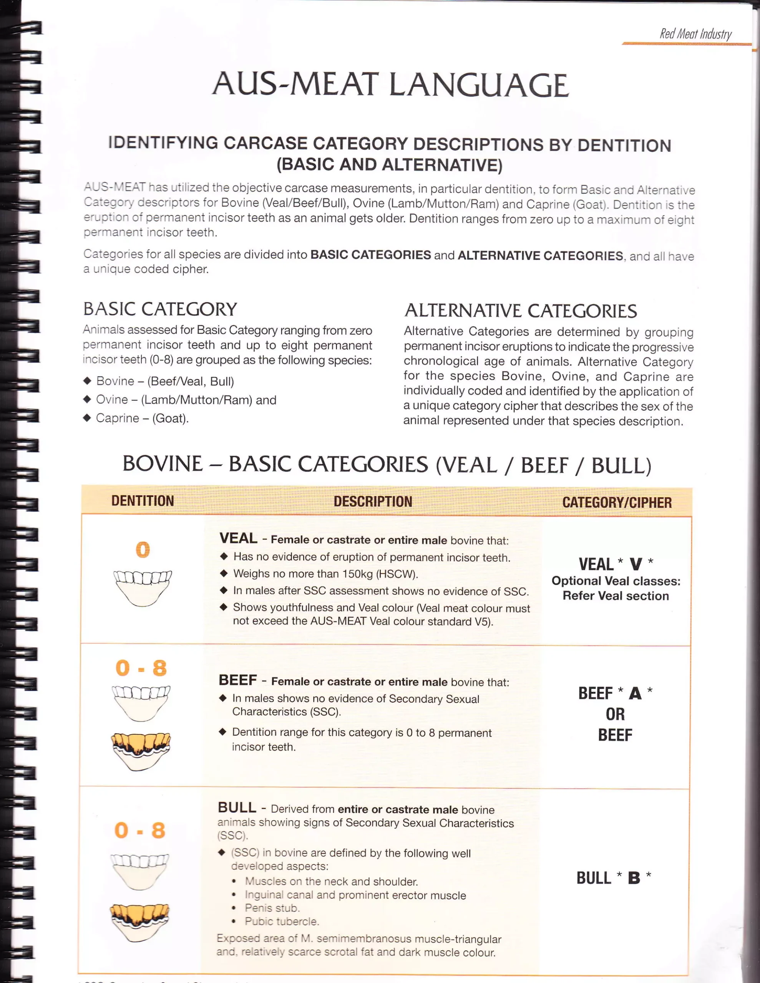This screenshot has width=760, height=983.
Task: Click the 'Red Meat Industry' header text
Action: coord(695,34)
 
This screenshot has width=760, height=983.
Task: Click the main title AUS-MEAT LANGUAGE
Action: coord(390,84)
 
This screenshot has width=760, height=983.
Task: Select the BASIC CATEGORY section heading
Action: coord(160,309)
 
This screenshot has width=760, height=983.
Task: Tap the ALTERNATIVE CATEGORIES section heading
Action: coord(520,311)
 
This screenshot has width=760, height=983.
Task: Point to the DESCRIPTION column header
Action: coord(373,501)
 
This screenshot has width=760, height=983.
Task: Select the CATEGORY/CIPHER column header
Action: coord(617,502)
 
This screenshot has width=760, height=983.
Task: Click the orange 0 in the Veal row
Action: coord(143,549)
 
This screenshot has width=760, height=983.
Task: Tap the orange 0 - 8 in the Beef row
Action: coord(141,668)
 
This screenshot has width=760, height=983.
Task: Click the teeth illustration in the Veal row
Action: coord(143,587)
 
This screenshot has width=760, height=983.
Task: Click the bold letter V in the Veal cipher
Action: coord(636,564)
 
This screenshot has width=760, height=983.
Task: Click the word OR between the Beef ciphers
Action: coord(615,714)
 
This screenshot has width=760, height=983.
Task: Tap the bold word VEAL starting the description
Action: coord(238,538)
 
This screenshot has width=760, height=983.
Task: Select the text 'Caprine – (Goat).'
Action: coord(142,418)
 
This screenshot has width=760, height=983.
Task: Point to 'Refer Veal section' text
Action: coord(616,596)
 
